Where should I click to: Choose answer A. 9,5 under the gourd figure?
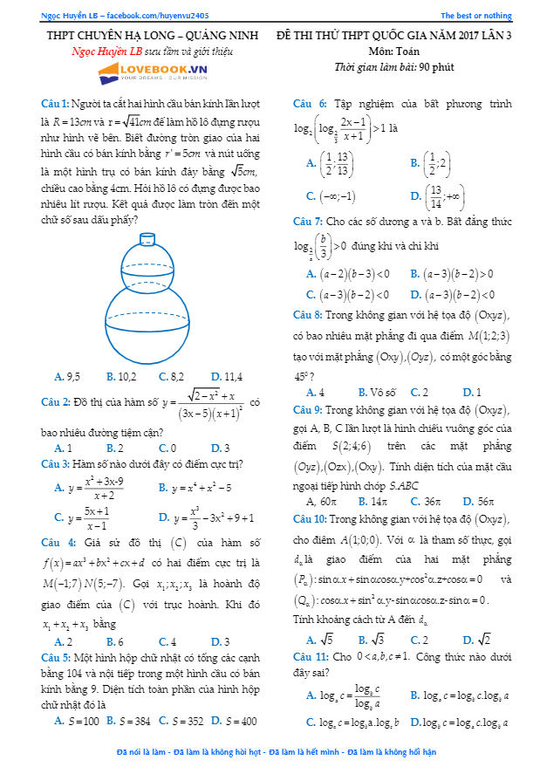(x=67, y=377)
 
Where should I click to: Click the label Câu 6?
(x=310, y=104)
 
